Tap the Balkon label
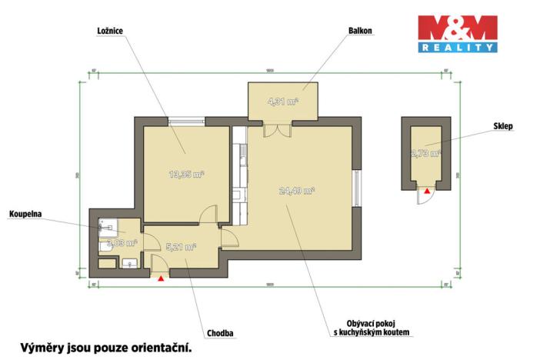pyautogui.click(x=360, y=31)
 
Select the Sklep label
pyautogui.click(x=504, y=125)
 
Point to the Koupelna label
pyautogui.click(x=25, y=213)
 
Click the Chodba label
pyautogui.click(x=220, y=333)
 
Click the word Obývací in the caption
pyautogui.click(x=355, y=323)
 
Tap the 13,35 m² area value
pyautogui.click(x=186, y=174)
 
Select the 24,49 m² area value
pyautogui.click(x=298, y=190)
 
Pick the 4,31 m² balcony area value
pyautogui.click(x=282, y=101)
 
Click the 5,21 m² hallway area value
pyautogui.click(x=181, y=247)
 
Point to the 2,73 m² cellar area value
pyautogui.click(x=426, y=153)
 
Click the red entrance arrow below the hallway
pyautogui.click(x=160, y=280)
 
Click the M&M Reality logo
pyautogui.click(x=457, y=34)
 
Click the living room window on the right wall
pyautogui.click(x=356, y=188)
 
